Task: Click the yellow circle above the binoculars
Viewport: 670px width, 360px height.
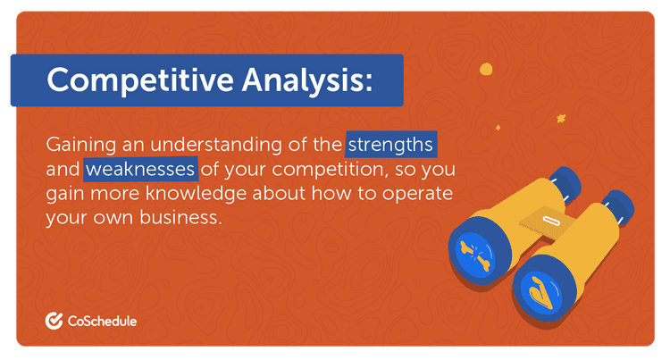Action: [486, 68]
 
